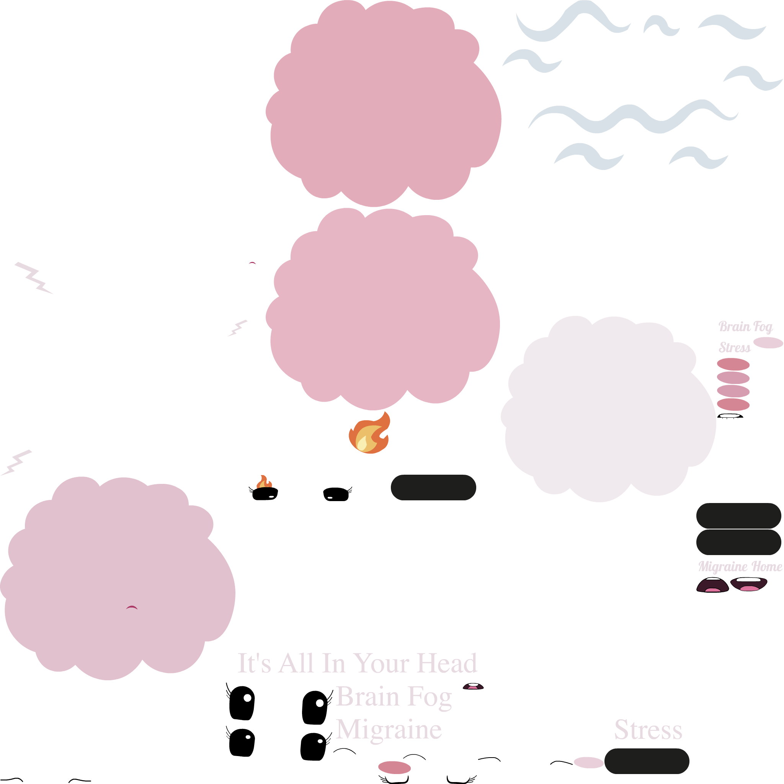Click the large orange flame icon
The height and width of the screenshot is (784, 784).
369,433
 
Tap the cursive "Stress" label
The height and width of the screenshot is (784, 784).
735,348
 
